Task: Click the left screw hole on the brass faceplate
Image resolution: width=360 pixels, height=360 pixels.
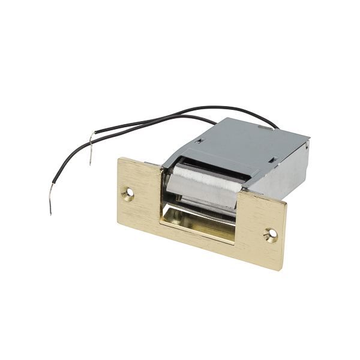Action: (128, 193)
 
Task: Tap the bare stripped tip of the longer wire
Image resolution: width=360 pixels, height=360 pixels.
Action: (50, 208)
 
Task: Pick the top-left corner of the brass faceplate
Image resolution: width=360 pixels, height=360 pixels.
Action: (118, 158)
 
